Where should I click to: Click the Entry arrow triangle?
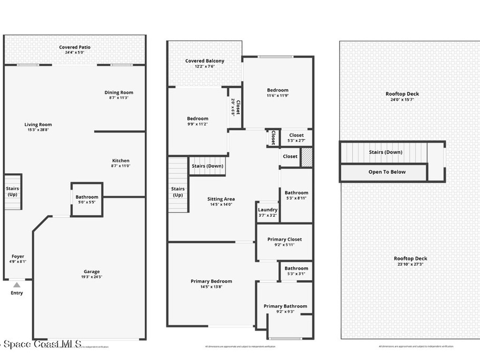click(17, 285)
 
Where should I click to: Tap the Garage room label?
click(92, 272)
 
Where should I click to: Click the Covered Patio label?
click(75, 47)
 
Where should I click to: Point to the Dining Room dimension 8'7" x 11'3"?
click(119, 98)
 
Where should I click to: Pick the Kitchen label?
click(120, 161)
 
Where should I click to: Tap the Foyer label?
click(18, 256)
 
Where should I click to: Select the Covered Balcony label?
click(204, 61)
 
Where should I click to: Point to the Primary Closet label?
click(285, 240)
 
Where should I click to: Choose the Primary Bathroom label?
click(285, 306)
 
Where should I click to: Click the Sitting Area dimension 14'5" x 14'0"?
click(221, 204)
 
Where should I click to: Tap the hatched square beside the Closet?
click(306, 157)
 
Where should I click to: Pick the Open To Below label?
click(387, 172)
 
